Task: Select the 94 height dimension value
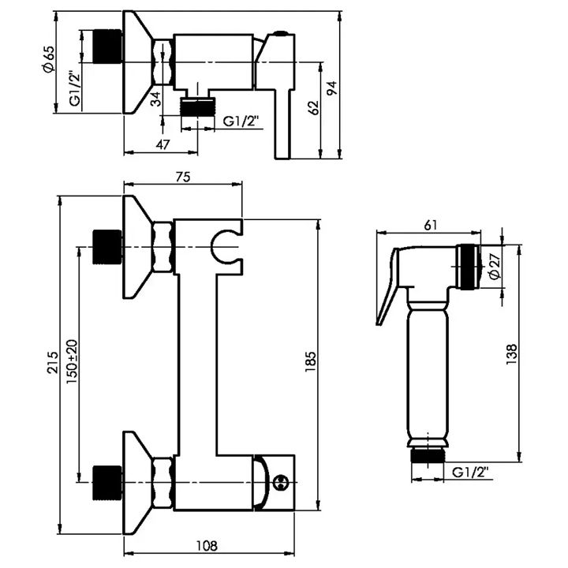pos(332,88)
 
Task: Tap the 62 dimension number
pos(314,107)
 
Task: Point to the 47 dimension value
pos(163,144)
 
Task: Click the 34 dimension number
pos(155,99)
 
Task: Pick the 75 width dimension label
pos(183,177)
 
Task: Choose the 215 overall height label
pos(53,362)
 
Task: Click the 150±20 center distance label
pos(72,362)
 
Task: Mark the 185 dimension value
pos(311,361)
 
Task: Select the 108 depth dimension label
pos(207,546)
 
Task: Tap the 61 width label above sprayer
pos(431,225)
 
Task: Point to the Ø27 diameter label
pos(495,267)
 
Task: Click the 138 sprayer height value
pos(511,354)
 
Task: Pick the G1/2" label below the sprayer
pos(470,473)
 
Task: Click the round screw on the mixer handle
pos(280,483)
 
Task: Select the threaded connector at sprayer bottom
pos(428,455)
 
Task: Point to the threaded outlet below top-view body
pos(198,106)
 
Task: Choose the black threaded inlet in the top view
pos(107,47)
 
